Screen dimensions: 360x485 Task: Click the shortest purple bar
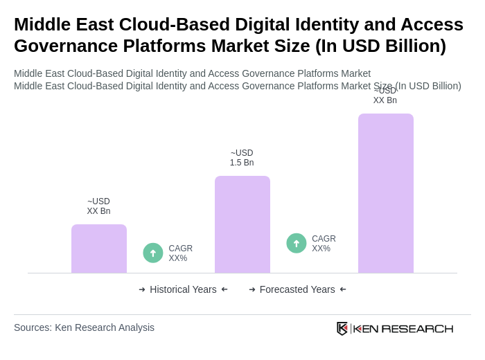tap(99, 249)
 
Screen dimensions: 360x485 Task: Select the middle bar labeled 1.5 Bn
tap(242, 224)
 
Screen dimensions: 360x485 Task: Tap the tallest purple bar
tap(386, 193)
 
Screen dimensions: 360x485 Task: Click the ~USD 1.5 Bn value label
tap(242, 158)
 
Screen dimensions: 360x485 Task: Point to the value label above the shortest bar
tap(98, 206)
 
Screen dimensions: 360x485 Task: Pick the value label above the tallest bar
tap(385, 96)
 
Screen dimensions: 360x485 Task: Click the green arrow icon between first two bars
tap(153, 253)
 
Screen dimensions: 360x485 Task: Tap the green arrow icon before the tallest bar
tap(297, 243)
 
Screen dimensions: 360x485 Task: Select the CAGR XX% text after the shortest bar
tap(180, 253)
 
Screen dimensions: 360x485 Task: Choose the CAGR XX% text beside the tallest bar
tap(324, 244)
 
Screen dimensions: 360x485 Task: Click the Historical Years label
tap(183, 289)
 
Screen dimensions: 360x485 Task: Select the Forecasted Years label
tap(297, 289)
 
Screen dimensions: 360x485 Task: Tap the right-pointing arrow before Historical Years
tap(142, 289)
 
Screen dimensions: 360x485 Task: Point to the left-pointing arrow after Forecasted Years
tap(343, 289)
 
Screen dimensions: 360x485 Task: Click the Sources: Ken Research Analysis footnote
tap(84, 327)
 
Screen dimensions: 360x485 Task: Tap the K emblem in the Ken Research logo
tap(342, 328)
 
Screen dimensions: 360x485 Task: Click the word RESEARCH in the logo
tap(417, 328)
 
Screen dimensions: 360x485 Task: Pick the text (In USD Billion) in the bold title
tap(380, 46)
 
